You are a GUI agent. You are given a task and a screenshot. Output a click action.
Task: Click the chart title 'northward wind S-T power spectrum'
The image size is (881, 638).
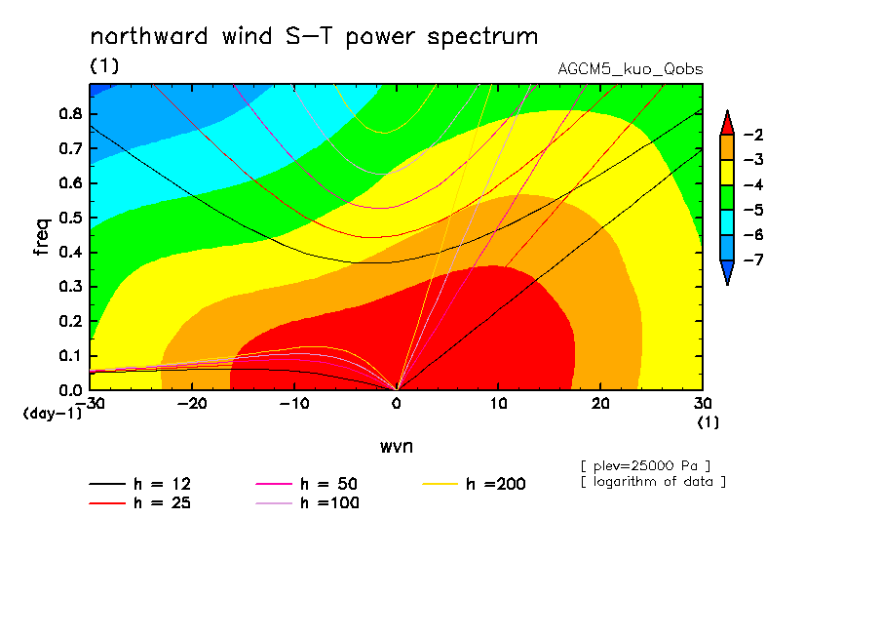314,37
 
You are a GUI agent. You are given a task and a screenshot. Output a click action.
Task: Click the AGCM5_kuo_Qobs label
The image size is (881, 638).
631,69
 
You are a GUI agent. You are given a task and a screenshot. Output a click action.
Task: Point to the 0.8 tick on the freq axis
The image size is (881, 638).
69,113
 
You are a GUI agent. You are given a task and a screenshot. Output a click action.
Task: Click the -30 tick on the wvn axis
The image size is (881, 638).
90,404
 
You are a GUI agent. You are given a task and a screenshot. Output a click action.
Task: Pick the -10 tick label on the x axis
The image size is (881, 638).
294,404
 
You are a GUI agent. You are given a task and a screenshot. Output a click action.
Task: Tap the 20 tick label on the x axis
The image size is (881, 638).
600,404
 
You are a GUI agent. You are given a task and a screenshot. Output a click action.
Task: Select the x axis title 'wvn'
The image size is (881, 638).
396,446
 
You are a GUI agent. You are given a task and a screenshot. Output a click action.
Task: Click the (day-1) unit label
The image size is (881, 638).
52,413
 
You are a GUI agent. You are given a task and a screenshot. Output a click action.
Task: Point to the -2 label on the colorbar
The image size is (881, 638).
752,135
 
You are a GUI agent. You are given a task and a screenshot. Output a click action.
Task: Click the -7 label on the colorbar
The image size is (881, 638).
752,260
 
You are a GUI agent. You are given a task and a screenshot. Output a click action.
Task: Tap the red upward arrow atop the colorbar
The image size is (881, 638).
727,122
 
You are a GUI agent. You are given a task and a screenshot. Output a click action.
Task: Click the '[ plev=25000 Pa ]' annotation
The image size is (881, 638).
644,464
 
